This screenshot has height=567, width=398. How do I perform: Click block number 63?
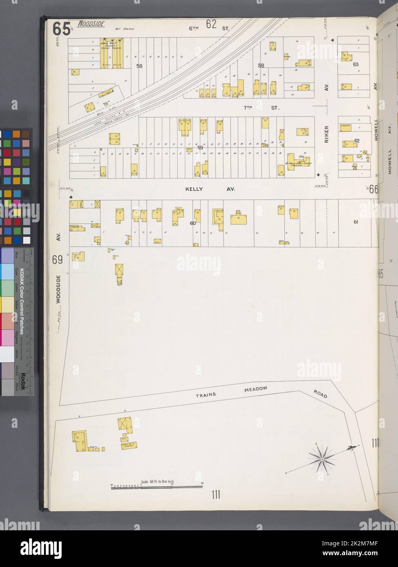pyautogui.click(x=356, y=64)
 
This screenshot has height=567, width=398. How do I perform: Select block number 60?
pyautogui.click(x=193, y=223)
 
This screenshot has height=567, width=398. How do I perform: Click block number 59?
pyautogui.click(x=200, y=148)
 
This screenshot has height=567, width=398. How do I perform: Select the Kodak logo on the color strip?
pyautogui.click(x=23, y=381)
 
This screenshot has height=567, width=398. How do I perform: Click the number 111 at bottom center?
pyautogui.click(x=216, y=495)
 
